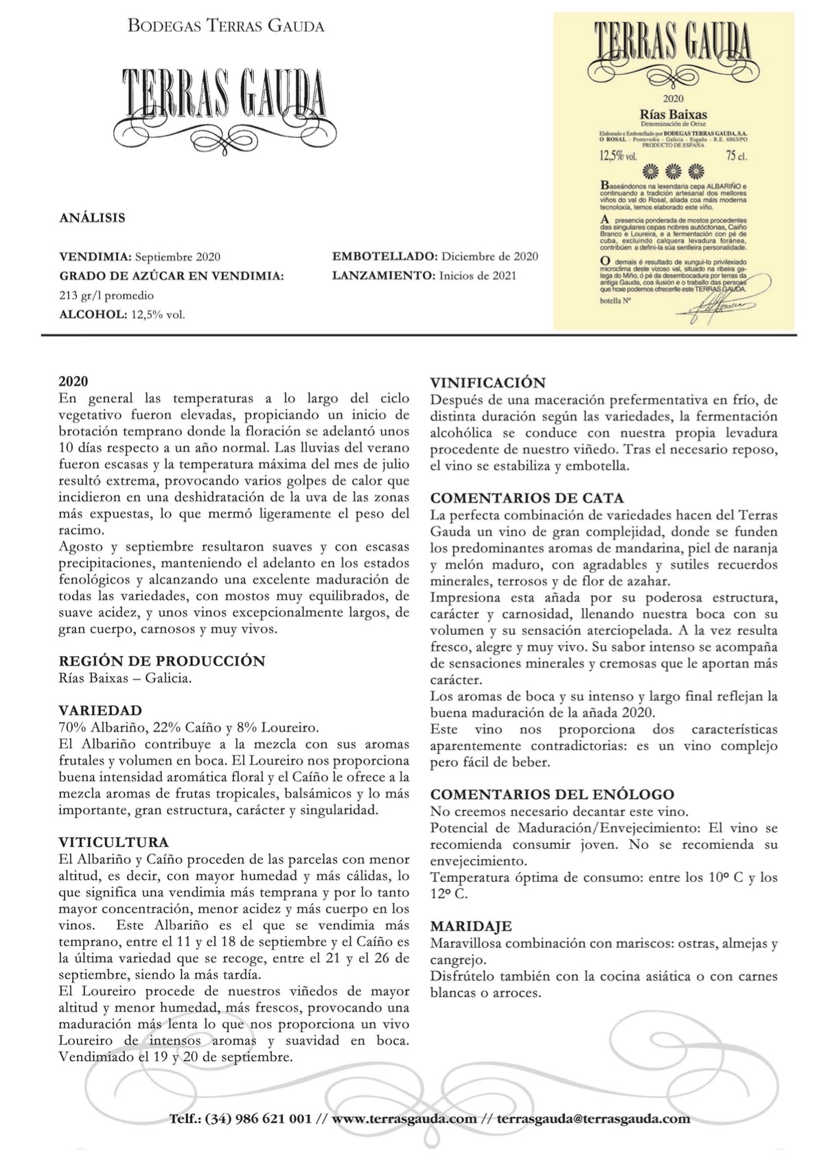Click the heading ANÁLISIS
[x=92, y=218]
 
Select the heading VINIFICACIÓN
[x=487, y=383]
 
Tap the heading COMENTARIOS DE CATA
[x=527, y=498]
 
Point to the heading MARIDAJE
[x=471, y=926]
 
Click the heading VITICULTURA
[x=113, y=843]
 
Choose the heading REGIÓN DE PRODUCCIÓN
[x=161, y=662]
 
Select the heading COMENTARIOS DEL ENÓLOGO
[x=552, y=795]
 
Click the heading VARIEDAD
[x=100, y=711]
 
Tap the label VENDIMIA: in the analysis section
[x=95, y=257]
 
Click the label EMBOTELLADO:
[x=384, y=257]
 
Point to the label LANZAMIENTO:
[x=381, y=276]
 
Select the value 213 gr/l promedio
[x=106, y=296]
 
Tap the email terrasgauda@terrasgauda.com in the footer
[x=593, y=1119]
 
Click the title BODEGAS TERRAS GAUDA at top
[x=226, y=27]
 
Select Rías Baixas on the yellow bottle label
[x=673, y=115]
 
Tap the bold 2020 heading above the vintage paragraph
[x=73, y=382]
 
